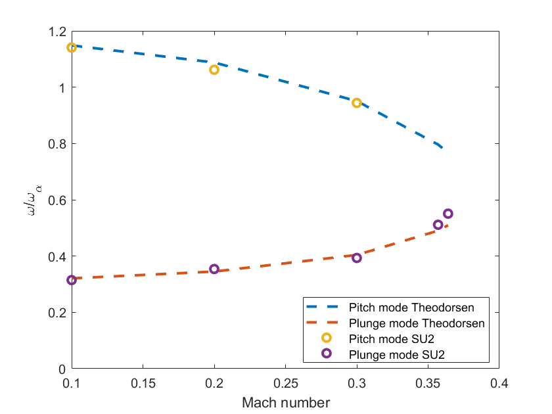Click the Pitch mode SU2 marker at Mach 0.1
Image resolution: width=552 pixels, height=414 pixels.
pos(72,47)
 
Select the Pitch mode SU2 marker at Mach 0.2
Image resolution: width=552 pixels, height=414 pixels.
pos(214,70)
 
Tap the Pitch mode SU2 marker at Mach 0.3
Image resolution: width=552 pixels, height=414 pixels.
pos(357,103)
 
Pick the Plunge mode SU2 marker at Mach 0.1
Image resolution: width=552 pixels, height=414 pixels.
pos(72,281)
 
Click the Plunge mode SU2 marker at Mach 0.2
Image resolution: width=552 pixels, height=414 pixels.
pos(214,269)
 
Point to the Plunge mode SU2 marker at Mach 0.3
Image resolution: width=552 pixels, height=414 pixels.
pos(357,258)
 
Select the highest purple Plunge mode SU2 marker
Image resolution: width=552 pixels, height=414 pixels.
pos(448,214)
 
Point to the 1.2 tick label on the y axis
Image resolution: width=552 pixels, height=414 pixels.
pos(57,32)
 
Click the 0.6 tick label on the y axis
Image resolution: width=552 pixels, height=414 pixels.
pos(57,200)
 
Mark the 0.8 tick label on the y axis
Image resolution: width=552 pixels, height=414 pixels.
pos(57,144)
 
